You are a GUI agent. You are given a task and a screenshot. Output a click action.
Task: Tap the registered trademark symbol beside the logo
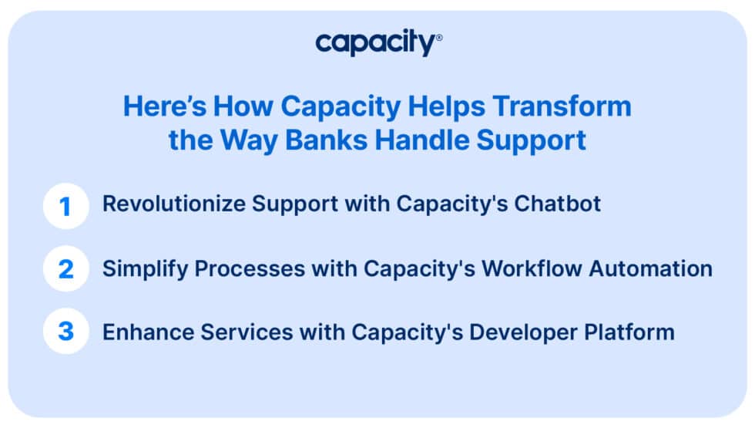[x=439, y=37]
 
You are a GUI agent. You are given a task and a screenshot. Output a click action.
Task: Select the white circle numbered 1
[x=66, y=205]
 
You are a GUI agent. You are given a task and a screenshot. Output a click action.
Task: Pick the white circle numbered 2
[x=66, y=268]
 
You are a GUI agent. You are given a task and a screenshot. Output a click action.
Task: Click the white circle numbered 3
[x=66, y=332]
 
